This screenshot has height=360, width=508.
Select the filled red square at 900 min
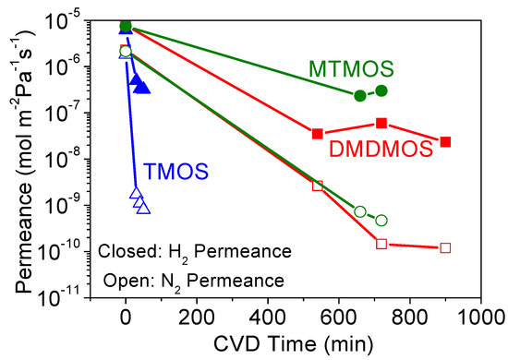[x=445, y=141]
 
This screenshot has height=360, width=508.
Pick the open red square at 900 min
[x=445, y=247]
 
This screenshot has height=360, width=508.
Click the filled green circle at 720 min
[x=381, y=90]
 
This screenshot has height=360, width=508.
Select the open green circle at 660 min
[x=360, y=211]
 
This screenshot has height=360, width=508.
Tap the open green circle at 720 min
[x=381, y=220]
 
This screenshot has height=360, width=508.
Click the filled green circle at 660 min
[x=360, y=95]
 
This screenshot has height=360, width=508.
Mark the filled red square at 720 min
[x=381, y=123]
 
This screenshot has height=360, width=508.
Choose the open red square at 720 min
[x=381, y=244]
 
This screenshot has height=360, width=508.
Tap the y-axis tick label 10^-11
[x=76, y=297]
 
